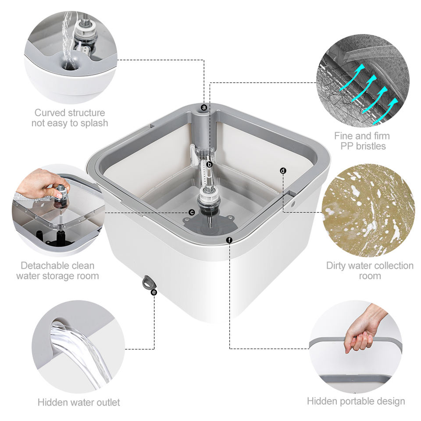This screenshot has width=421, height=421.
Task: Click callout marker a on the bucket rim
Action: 204,108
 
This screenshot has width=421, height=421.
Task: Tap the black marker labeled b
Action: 210,164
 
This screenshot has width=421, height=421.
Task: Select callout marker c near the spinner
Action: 192,212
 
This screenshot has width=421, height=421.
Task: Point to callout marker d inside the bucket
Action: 283,171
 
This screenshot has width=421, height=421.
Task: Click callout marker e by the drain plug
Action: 154,292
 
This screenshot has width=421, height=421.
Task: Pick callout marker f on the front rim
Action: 229,240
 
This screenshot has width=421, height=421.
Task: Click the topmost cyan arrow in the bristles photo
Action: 352,75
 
